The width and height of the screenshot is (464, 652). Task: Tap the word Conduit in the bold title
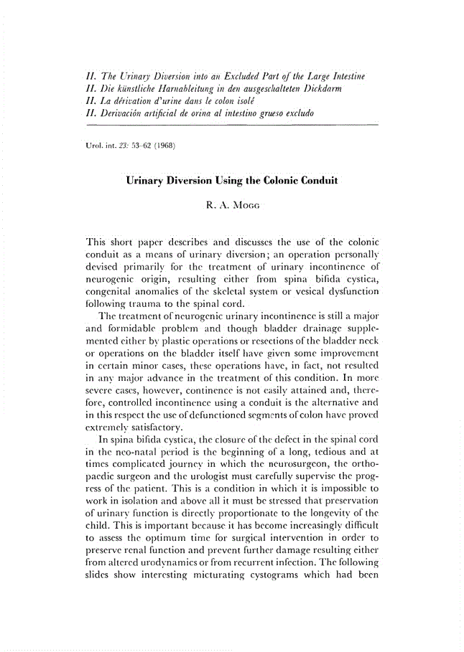coord(312,181)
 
